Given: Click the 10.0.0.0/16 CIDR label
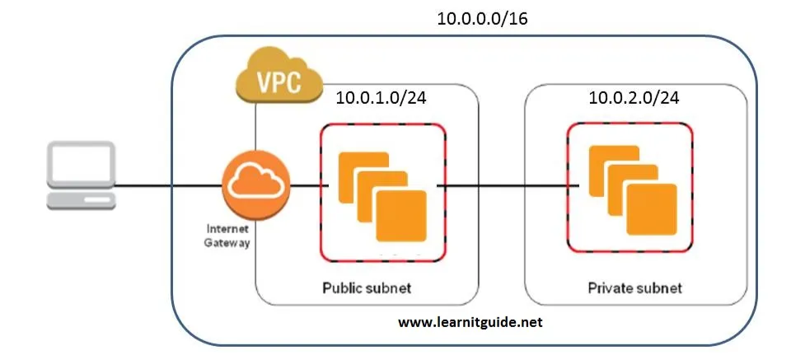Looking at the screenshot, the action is coord(482,19).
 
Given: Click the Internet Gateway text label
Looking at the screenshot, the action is coord(227,236).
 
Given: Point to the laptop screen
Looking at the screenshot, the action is coord(82,165).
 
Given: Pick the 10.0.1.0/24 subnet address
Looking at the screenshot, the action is coord(381,97).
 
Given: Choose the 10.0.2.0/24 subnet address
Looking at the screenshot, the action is coord(634,97).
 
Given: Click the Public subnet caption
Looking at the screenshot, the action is coord(367,288).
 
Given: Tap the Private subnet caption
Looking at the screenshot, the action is coord(635,288).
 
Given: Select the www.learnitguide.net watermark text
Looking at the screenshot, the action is coord(470,322).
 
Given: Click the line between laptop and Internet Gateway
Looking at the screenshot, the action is coord(169,186).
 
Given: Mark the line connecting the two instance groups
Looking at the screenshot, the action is coord(508,186).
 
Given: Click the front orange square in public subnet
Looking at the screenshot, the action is coord(401,215).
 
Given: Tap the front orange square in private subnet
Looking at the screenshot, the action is coord(652,209).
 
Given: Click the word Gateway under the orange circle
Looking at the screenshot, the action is coord(227,242).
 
